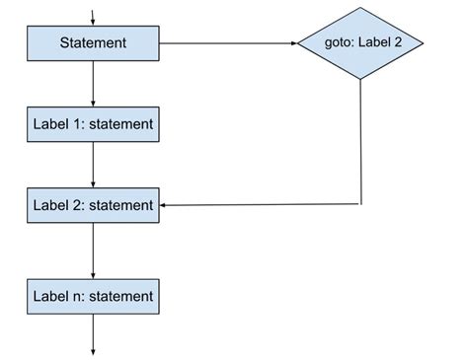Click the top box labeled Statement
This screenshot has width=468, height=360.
click(x=93, y=43)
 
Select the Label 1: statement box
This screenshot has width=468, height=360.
click(x=93, y=124)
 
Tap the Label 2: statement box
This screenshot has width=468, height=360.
click(x=93, y=205)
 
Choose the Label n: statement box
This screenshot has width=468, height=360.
click(x=93, y=295)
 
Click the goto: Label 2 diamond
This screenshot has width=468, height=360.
click(x=361, y=43)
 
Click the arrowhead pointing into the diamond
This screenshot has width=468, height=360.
click(x=293, y=43)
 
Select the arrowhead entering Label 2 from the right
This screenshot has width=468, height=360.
click(x=165, y=205)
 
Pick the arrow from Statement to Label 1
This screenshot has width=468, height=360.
click(x=93, y=83)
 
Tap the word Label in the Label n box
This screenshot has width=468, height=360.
click(x=50, y=295)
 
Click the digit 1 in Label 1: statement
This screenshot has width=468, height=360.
click(x=76, y=124)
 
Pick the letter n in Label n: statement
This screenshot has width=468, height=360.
click(x=76, y=295)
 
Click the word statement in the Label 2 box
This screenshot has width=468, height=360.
click(x=120, y=205)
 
